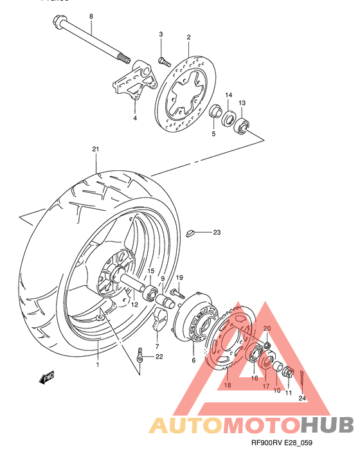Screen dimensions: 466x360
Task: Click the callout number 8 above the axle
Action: click(91, 15)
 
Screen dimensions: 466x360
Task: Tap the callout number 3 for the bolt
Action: click(161, 34)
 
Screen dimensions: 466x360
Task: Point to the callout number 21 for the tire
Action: click(95, 150)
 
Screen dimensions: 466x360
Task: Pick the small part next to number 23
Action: click(190, 233)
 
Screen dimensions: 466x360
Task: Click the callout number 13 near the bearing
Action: click(242, 103)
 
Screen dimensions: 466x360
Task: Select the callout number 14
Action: click(228, 96)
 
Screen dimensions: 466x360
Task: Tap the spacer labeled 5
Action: click(214, 114)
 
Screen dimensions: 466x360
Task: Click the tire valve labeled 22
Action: click(139, 354)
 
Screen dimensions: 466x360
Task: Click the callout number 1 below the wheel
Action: click(98, 364)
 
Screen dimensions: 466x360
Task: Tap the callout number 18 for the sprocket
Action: click(226, 385)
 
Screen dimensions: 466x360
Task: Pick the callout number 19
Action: click(180, 277)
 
